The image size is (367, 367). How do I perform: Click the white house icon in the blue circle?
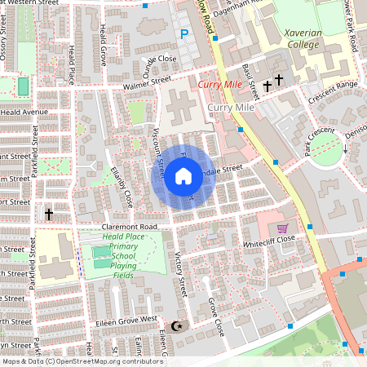pyautogui.click(x=183, y=176)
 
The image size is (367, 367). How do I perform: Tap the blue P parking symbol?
pyautogui.click(x=184, y=34)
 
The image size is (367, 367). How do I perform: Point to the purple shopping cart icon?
pyautogui.click(x=282, y=228)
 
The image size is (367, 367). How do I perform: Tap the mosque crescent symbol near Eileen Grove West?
pyautogui.click(x=181, y=327)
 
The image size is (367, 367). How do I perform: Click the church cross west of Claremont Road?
pyautogui.click(x=49, y=214)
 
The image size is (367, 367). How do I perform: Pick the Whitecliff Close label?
pyautogui.click(x=272, y=243)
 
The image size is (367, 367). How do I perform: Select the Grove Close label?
pyautogui.click(x=215, y=317)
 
